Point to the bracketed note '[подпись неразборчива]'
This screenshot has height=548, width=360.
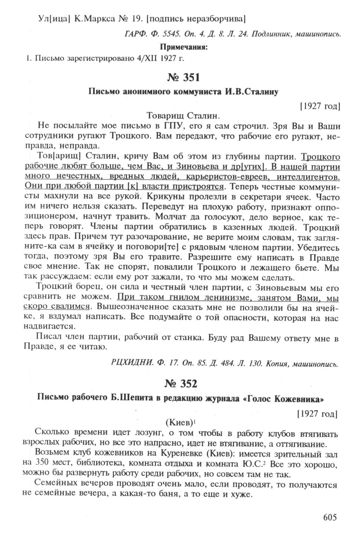tap(196, 19)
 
